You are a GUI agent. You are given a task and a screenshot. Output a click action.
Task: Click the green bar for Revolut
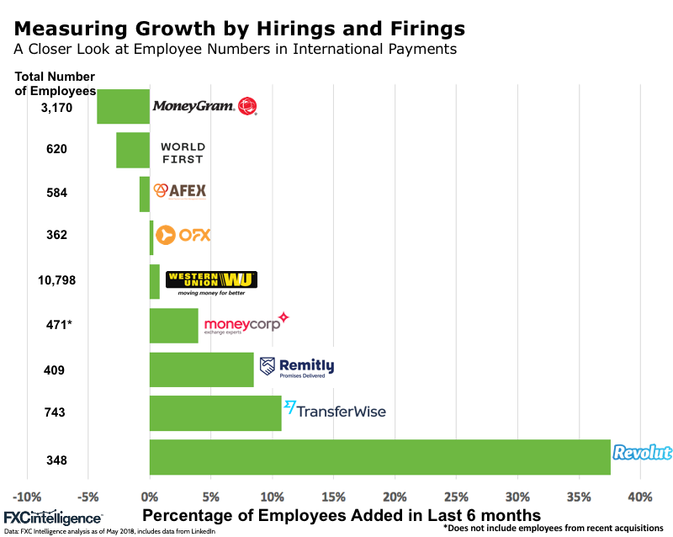coord(379,457)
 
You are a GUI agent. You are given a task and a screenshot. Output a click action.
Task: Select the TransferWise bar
coord(215,413)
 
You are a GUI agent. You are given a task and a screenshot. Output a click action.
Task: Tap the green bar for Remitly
coord(202,370)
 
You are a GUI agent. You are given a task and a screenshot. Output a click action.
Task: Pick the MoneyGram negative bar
coord(123,106)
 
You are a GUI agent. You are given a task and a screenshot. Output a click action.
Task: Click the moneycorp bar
coord(174,326)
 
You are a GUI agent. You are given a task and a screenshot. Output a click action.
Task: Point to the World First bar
coord(133,150)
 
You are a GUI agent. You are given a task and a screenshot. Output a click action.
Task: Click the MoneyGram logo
coord(204,106)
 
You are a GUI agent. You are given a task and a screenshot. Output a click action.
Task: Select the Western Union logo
coord(211,283)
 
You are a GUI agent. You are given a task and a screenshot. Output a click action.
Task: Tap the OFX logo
coord(183,235)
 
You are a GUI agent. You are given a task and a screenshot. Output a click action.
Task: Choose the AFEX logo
coord(179,191)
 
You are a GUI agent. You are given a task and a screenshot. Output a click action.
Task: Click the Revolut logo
coord(642,454)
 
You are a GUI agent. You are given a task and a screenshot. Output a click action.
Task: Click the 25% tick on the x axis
coord(456,495)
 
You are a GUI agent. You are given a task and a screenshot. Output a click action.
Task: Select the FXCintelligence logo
coord(52,518)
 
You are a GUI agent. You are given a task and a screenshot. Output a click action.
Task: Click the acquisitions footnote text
coord(553,529)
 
